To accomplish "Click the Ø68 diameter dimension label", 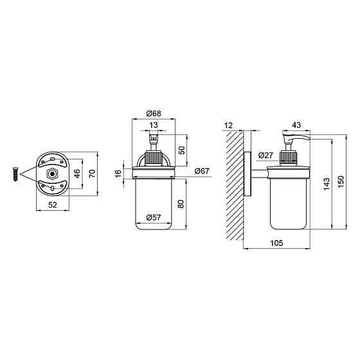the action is coord(154,113).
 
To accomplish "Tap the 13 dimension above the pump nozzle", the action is coord(154,125).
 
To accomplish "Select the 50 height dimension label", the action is coord(181,150).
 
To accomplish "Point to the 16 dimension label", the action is coord(118,174).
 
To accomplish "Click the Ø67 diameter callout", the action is coord(202,171).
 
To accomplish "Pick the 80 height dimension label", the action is coord(181,204).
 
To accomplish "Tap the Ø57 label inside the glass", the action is coord(154,217).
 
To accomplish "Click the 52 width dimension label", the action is coord(53,204).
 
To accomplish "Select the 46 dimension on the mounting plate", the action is coord(77,174).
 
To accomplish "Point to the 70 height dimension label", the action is coord(92,174).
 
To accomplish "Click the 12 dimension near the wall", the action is coord(228,125).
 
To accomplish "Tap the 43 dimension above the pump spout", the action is coord(296,125).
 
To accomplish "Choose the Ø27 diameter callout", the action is coord(265,156).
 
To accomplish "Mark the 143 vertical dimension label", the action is coord(327,184).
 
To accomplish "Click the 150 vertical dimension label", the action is coord(341,182).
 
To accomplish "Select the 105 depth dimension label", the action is coord(276,243).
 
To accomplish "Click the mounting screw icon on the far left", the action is coord(15,174).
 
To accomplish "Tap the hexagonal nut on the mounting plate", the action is coord(52,174).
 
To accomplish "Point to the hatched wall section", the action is coord(235,186).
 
